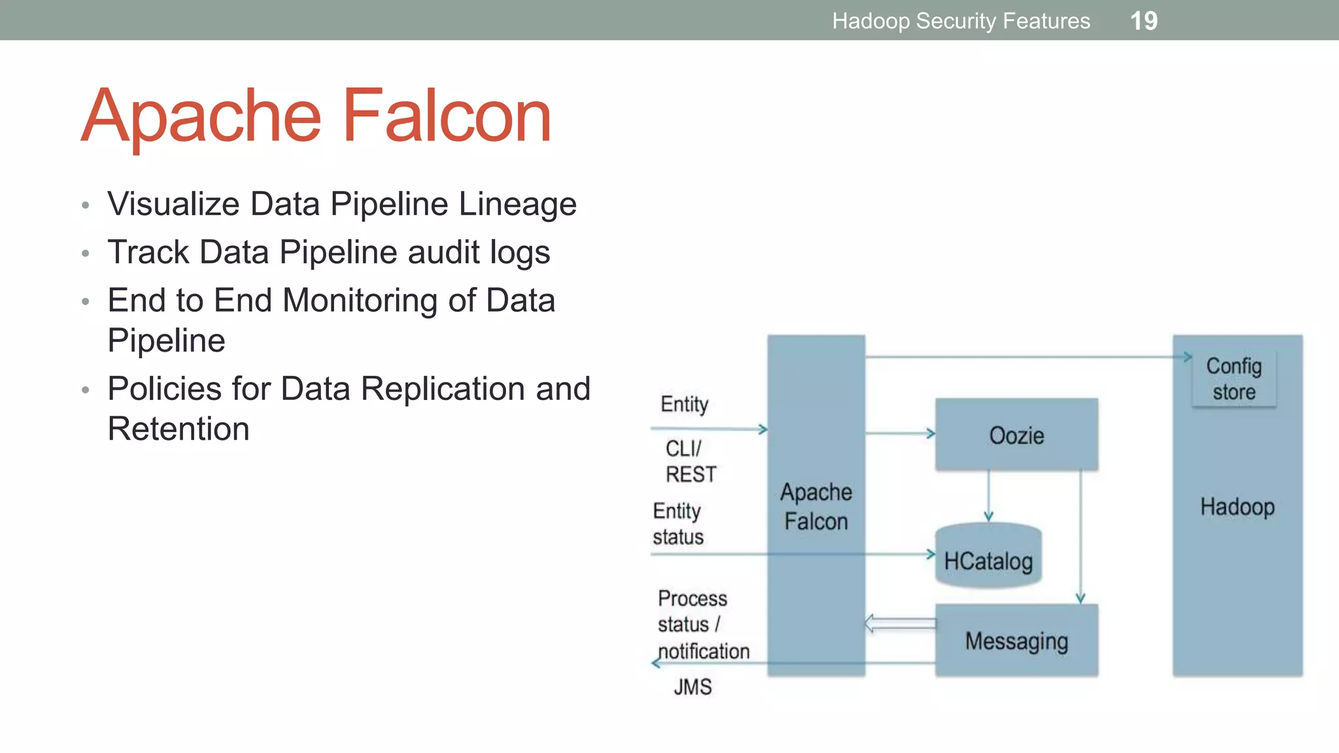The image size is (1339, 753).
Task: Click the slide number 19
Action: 1144,21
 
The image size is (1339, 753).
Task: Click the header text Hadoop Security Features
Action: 960,21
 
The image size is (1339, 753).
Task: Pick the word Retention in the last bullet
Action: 178,429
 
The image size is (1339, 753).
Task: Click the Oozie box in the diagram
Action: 1016,435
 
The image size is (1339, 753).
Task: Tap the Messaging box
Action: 1016,641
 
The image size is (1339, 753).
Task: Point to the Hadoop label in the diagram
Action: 1237,507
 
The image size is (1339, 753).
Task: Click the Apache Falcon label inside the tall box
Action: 816,507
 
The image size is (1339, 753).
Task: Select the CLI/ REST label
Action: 690,461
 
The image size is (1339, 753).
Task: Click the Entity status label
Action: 678,524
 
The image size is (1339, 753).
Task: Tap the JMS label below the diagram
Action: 692,687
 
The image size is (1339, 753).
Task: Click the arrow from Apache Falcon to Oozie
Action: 900,433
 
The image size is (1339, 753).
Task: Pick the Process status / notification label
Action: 702,625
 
